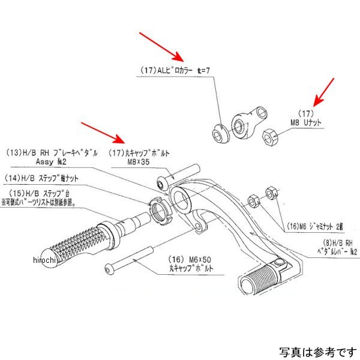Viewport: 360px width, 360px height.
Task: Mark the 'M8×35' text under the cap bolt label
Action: click(x=140, y=160)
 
